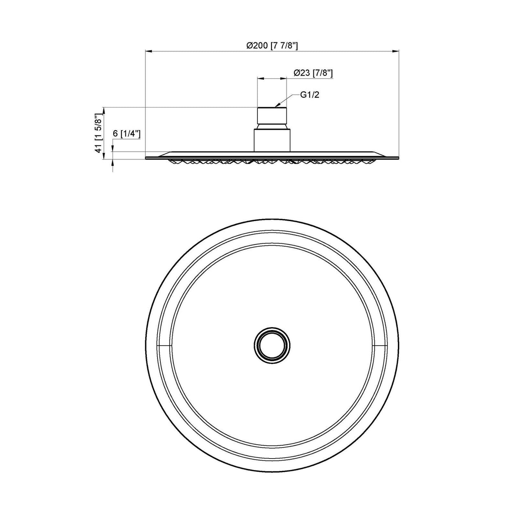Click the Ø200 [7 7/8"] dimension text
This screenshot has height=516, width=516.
(x=272, y=46)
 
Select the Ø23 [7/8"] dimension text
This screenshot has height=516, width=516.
(x=313, y=73)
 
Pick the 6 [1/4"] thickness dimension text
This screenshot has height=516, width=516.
(x=126, y=134)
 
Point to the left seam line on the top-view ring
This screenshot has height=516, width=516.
(x=164, y=346)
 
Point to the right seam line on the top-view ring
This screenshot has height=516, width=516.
(x=380, y=346)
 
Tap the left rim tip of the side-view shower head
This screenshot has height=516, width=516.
(x=147, y=157)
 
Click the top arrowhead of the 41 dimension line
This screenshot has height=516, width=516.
(x=104, y=110)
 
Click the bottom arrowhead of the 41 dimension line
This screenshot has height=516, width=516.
(x=104, y=157)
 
